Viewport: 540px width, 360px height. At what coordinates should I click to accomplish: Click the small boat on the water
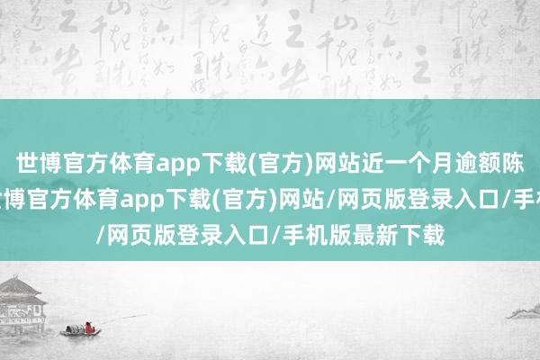tap(81, 331)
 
